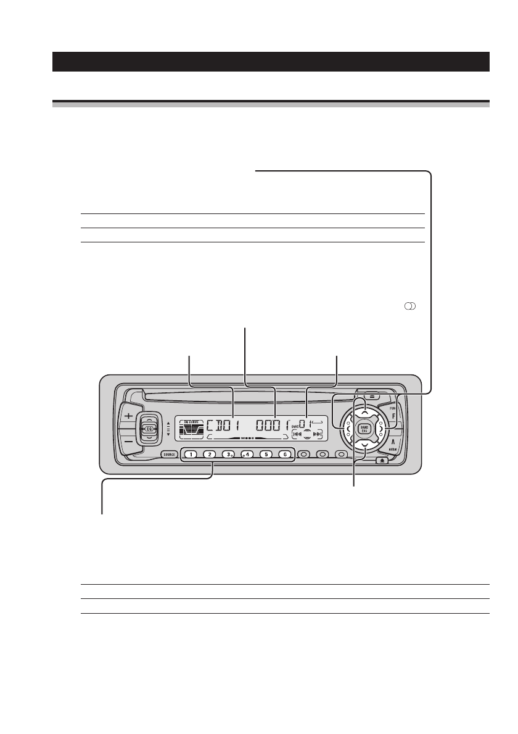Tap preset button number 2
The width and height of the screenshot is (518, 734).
(210, 455)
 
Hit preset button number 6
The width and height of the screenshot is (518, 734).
(285, 455)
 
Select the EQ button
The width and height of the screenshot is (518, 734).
(149, 427)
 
